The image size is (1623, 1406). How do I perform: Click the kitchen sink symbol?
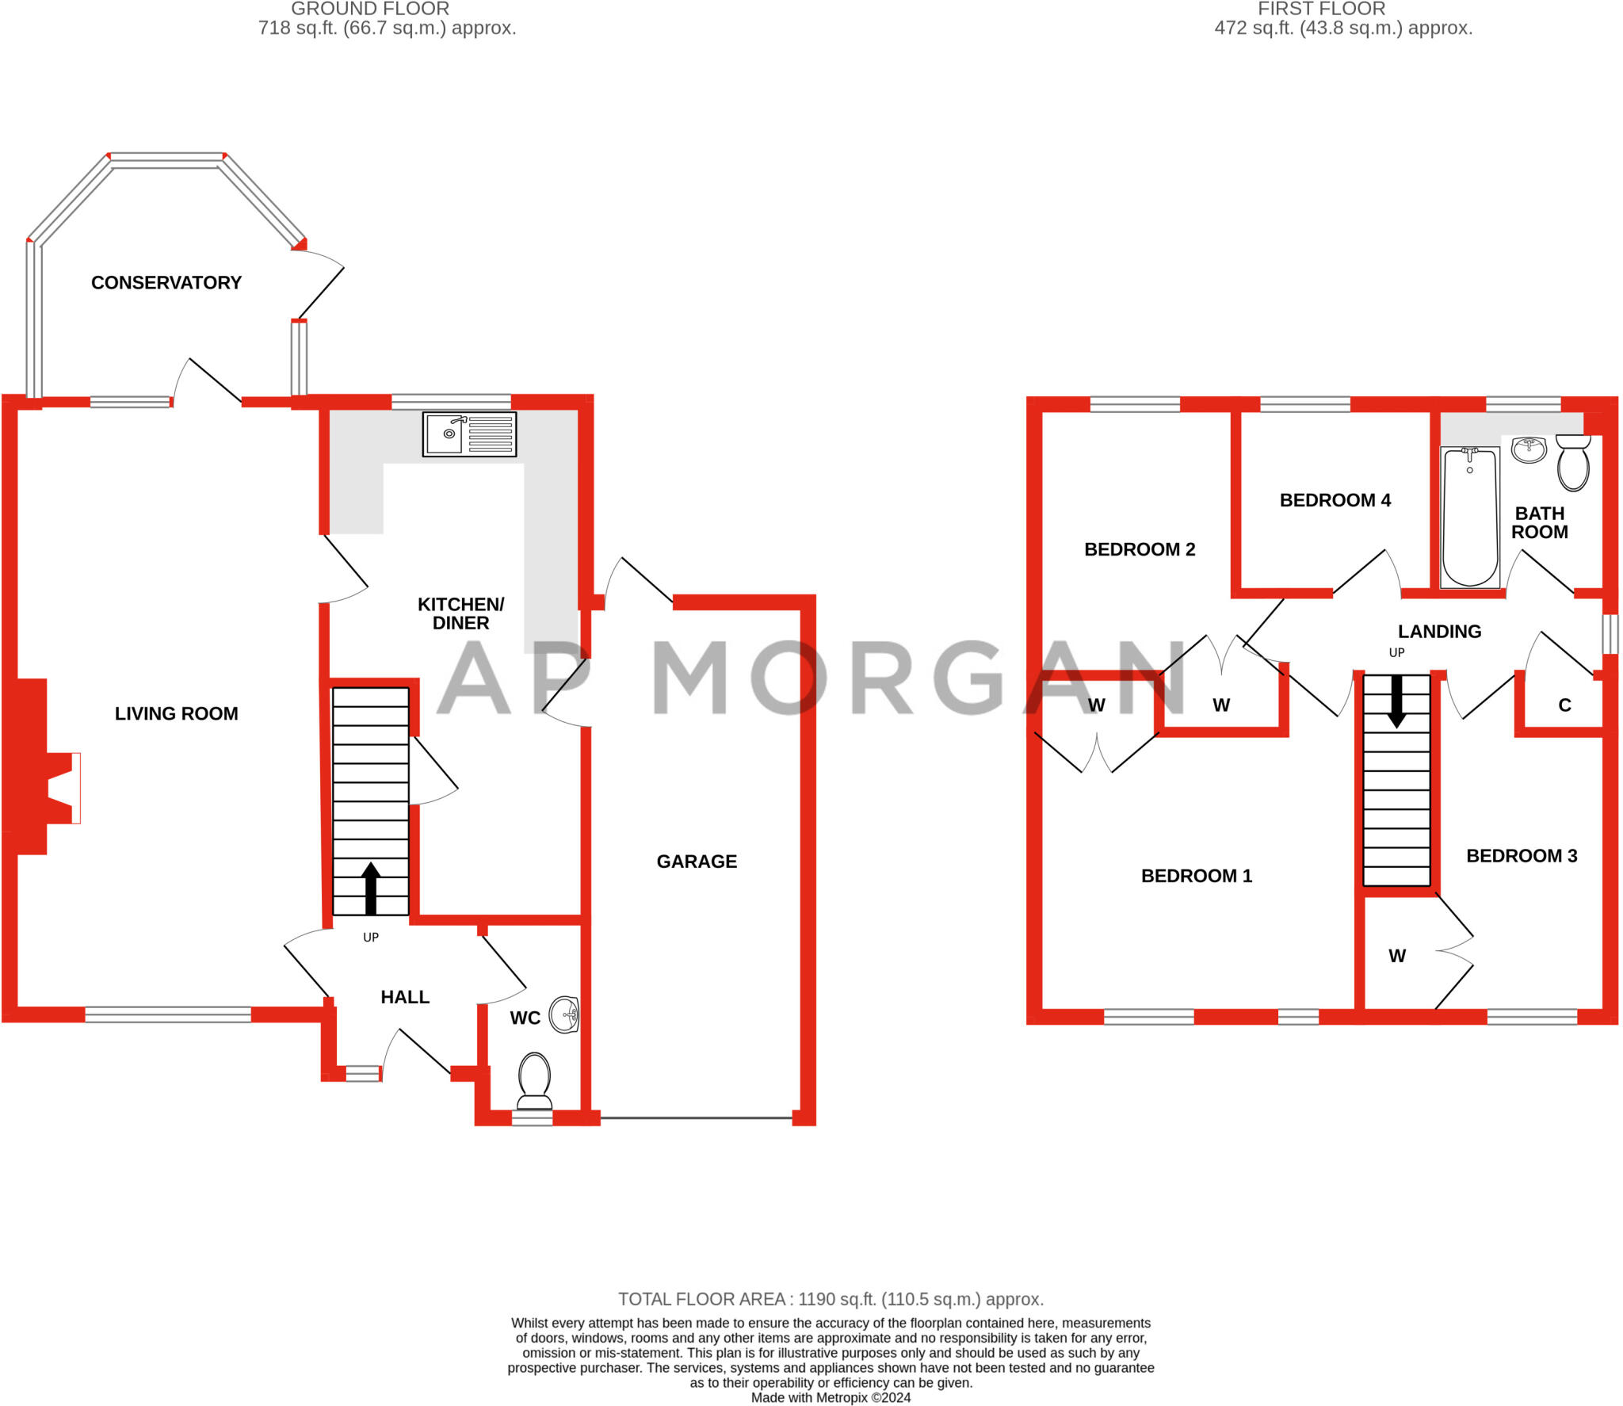(x=469, y=434)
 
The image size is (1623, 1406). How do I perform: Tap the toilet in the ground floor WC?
(x=534, y=1079)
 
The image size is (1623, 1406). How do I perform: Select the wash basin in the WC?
(x=566, y=1014)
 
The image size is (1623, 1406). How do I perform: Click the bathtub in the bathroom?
(x=1470, y=516)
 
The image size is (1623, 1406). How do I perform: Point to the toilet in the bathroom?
(x=1573, y=464)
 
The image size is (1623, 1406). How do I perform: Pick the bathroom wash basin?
(x=1529, y=449)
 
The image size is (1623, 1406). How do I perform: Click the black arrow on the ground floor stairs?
(x=370, y=888)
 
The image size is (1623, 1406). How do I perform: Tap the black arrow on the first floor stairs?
(x=1396, y=701)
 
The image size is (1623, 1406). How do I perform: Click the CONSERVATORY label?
(x=166, y=283)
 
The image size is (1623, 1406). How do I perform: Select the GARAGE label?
(x=697, y=862)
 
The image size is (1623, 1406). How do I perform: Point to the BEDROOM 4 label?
(x=1335, y=500)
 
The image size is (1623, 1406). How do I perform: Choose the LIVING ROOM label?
(x=176, y=713)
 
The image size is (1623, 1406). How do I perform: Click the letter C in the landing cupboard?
(x=1564, y=705)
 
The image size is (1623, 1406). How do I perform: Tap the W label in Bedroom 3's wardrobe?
(x=1397, y=956)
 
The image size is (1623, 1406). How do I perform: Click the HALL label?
(x=405, y=997)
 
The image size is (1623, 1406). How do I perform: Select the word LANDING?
(x=1439, y=632)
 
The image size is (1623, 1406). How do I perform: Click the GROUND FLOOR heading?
(x=370, y=9)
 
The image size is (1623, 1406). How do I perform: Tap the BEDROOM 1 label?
(x=1197, y=876)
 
